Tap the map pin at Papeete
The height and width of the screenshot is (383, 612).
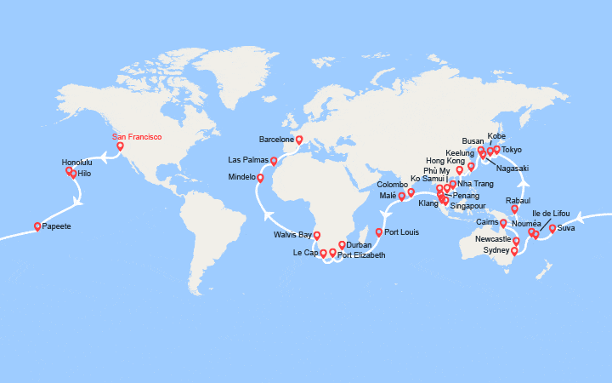tap(37, 226)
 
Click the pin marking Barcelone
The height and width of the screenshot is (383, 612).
tap(299, 140)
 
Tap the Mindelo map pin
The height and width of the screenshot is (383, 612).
tap(260, 178)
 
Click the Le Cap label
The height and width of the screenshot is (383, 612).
tap(304, 253)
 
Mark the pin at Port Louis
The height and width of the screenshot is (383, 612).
tap(378, 232)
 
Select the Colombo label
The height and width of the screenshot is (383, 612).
tap(393, 185)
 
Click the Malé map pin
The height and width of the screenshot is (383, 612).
tap(401, 197)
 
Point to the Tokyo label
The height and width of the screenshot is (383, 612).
tap(512, 150)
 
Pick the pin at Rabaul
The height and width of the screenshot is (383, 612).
tap(514, 209)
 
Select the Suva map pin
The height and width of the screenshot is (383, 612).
tap(552, 228)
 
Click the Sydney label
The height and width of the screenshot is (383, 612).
tap(495, 252)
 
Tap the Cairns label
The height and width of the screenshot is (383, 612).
tap(487, 222)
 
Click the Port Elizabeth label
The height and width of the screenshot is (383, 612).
tap(361, 255)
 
